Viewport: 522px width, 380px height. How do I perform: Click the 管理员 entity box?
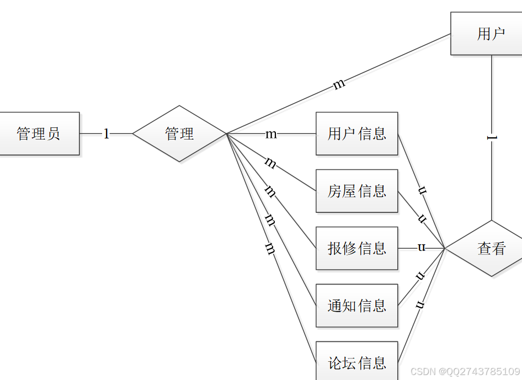(x=39, y=133)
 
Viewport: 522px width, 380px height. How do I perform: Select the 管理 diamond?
(x=179, y=133)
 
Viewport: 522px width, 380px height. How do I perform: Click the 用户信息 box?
(x=356, y=133)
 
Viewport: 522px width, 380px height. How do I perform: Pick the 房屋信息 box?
(x=356, y=191)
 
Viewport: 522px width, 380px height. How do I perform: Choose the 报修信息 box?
(x=356, y=248)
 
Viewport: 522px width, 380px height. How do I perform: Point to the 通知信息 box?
(x=356, y=306)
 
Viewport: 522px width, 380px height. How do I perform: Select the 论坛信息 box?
(x=356, y=362)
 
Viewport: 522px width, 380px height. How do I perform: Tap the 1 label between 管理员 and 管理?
(x=106, y=133)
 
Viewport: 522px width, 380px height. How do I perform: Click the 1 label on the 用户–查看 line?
(x=492, y=137)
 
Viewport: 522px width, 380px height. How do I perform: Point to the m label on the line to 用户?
(x=339, y=84)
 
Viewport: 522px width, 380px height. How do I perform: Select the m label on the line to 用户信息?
(x=271, y=133)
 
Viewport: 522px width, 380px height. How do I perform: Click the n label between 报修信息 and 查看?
(x=422, y=247)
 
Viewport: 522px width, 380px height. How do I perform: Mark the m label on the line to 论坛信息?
(x=270, y=249)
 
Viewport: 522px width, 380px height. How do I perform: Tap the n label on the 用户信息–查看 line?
(x=422, y=191)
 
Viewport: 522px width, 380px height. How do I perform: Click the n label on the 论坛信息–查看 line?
(x=420, y=304)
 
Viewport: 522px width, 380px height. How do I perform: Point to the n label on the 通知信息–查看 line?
(x=420, y=276)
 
